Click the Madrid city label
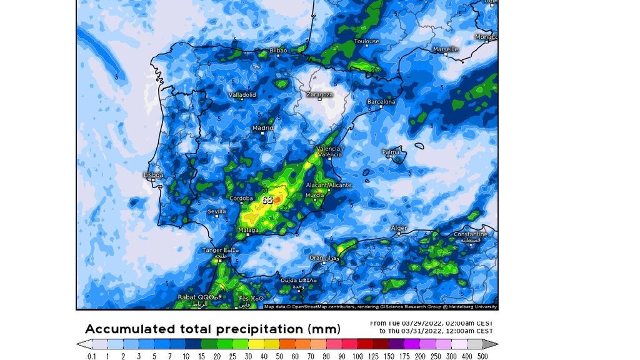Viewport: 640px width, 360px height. pos(262,128)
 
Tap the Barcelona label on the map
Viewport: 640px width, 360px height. pos(381,101)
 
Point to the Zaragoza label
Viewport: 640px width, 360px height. pos(319,95)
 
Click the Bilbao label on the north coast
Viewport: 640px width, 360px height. pos(278,51)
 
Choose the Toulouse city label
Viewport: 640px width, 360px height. pos(366,42)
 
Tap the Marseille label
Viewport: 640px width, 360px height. pos(446,49)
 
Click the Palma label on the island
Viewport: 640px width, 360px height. pos(391,152)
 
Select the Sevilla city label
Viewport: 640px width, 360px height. pos(216,212)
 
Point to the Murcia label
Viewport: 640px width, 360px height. pos(315,196)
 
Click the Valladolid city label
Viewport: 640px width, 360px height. pos(242,95)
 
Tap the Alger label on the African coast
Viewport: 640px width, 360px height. pos(399,228)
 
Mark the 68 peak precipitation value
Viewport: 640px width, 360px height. pos(267,200)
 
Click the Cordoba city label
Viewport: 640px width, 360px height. pos(241,199)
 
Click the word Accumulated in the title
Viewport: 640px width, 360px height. pos(128,329)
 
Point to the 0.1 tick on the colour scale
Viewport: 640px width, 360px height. pos(92,356)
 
